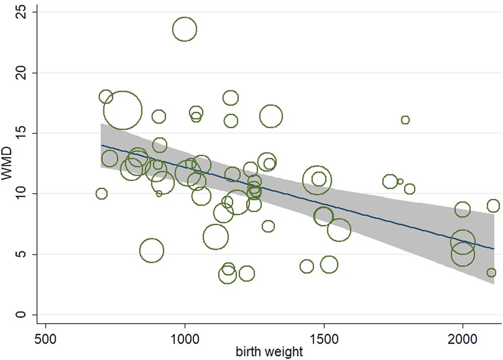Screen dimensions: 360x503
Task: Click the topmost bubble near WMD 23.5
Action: coord(185,29)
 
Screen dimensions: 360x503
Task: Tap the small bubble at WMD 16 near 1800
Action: coord(405,120)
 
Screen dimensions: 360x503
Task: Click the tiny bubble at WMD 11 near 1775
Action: coord(400,182)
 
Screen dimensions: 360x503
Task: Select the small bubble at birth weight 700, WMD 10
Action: coord(102,194)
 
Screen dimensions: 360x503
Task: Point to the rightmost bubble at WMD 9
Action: coord(493,206)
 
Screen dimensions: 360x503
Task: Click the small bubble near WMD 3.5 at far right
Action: coord(491,273)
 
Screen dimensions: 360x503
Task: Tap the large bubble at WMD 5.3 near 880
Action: coord(152,250)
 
